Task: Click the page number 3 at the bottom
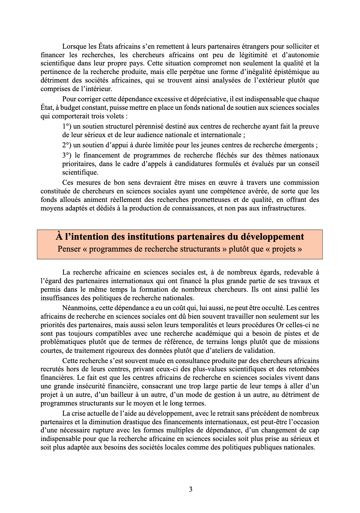click(191, 489)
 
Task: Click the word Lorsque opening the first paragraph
click(73, 46)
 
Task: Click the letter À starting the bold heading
click(59, 237)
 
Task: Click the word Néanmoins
click(79, 308)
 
